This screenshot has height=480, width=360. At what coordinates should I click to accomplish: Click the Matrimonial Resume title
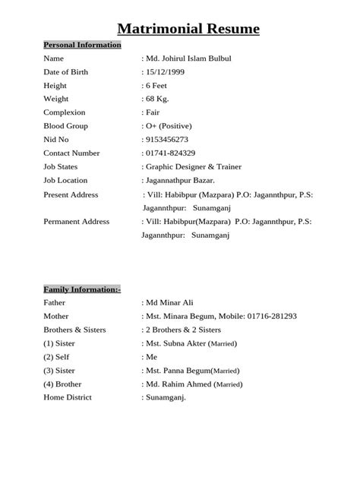[x=188, y=30]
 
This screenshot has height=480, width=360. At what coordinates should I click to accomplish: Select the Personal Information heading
[x=82, y=45]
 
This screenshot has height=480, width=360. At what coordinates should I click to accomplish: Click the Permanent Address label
[x=77, y=222]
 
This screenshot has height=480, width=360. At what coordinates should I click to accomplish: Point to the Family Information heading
[x=82, y=289]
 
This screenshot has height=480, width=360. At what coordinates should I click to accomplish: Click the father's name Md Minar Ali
[x=175, y=302]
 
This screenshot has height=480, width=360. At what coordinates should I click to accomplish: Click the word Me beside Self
[x=152, y=357]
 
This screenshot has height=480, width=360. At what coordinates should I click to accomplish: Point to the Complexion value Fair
[x=154, y=112]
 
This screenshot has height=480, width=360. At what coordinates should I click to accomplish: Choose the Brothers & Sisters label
[x=74, y=330]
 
